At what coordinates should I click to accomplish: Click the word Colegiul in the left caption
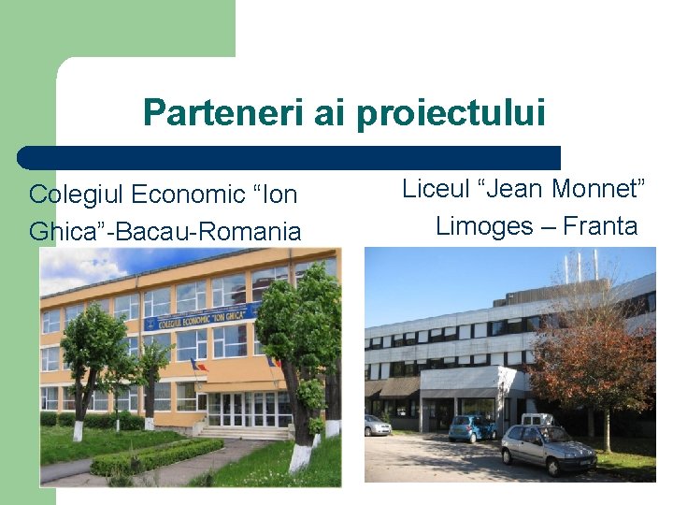point(78,195)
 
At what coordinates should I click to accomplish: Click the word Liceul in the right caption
point(437,189)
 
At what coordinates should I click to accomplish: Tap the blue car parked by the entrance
point(471,428)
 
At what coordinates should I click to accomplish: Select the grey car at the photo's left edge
point(377,426)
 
